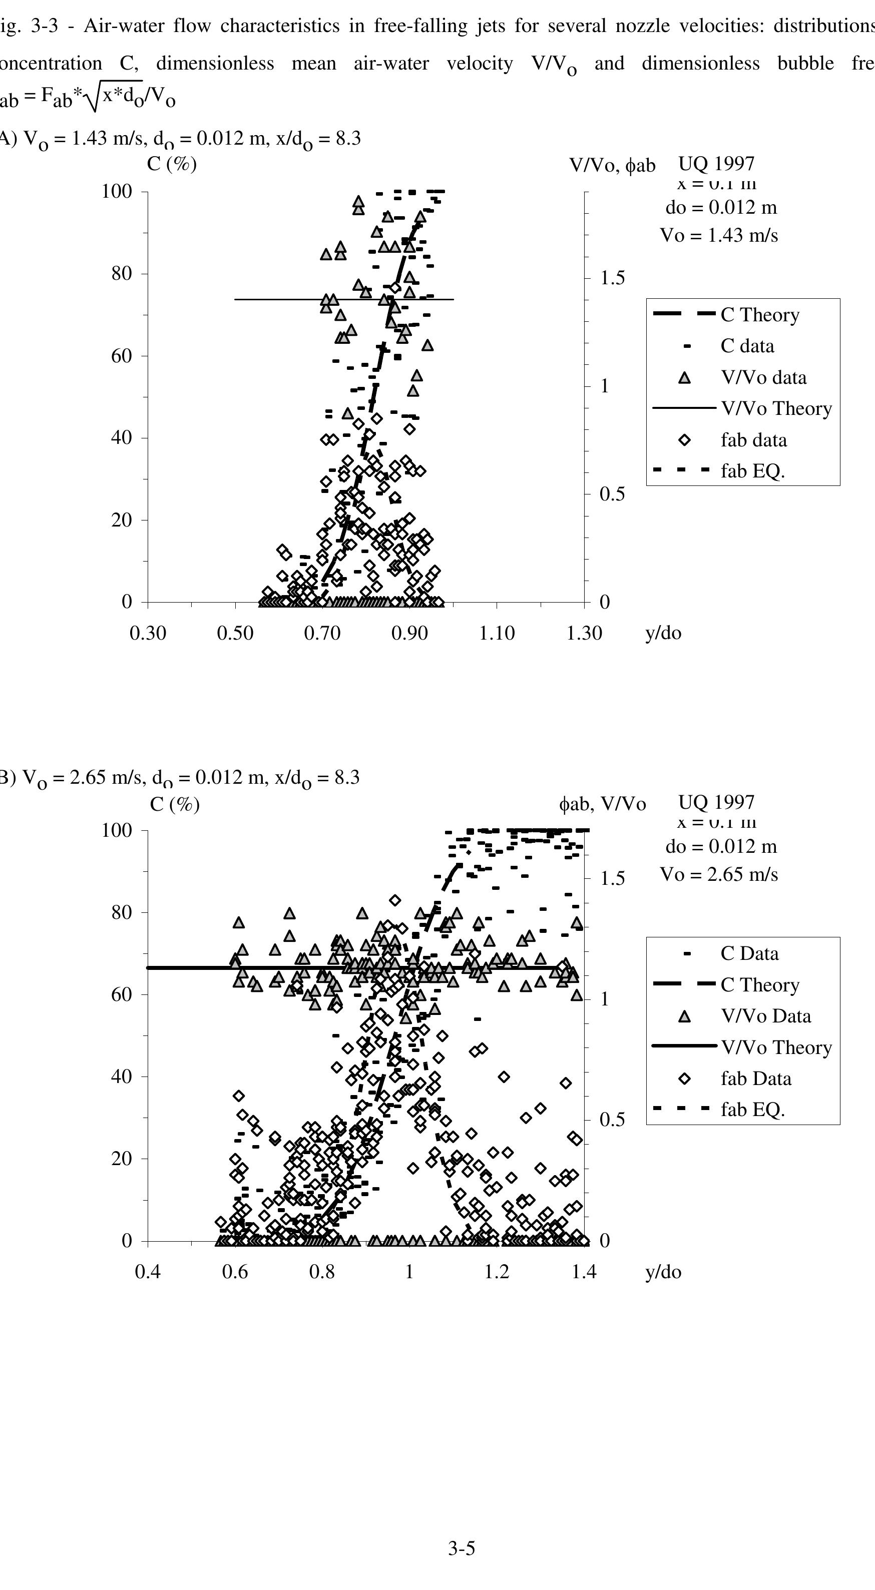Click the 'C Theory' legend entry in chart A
coord(759,315)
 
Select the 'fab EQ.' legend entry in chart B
coord(752,1110)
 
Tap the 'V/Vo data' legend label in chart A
coord(763,377)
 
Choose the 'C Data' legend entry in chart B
coord(749,953)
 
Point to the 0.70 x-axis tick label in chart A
coord(322,633)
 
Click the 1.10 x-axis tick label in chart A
coord(497,633)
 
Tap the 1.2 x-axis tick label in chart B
coord(497,1272)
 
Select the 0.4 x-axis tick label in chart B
coord(148,1272)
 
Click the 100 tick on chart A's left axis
coord(117,191)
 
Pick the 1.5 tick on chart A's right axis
coord(613,278)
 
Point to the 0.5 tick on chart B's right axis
coord(613,1119)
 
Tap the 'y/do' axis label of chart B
coord(663,1272)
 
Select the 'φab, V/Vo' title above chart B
coord(603,804)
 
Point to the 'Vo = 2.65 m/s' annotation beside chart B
coord(719,875)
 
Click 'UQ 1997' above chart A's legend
coord(716,164)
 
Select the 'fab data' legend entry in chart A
coord(753,440)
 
